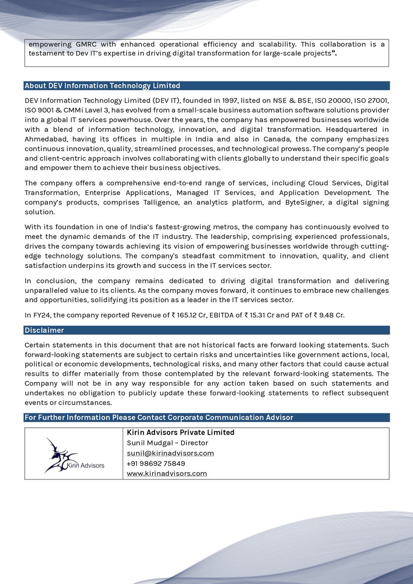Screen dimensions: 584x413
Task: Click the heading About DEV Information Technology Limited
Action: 103,86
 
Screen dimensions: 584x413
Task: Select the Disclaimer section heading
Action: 44,330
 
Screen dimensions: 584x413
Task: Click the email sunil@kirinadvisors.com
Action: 170,453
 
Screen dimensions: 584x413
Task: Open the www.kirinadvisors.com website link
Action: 167,474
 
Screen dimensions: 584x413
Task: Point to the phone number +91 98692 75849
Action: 156,463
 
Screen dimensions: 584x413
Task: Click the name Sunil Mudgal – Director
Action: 167,443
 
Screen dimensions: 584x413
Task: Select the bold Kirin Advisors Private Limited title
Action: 180,433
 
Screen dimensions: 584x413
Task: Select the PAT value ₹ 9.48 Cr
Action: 328,315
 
